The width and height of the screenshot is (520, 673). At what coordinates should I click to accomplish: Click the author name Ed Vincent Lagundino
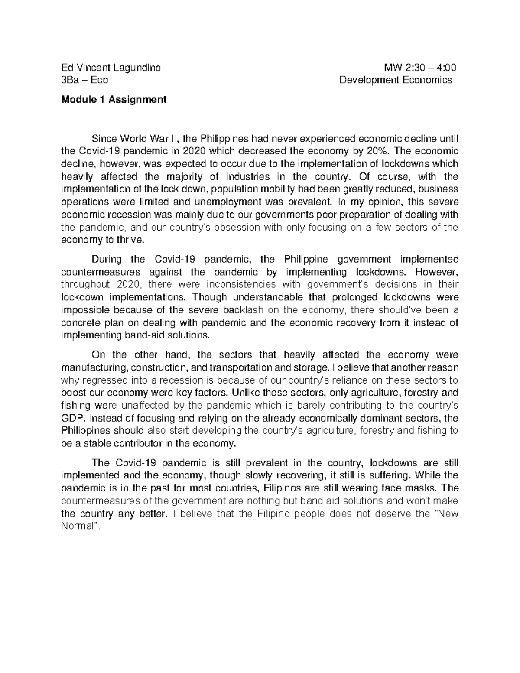[111, 68]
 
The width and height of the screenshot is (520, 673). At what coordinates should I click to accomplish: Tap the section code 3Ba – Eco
[85, 80]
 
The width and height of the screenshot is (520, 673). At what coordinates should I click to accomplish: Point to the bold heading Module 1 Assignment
[114, 100]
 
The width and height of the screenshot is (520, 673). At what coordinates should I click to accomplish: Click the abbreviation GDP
[69, 419]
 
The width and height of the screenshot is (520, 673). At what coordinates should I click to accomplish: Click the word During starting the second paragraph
[107, 260]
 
